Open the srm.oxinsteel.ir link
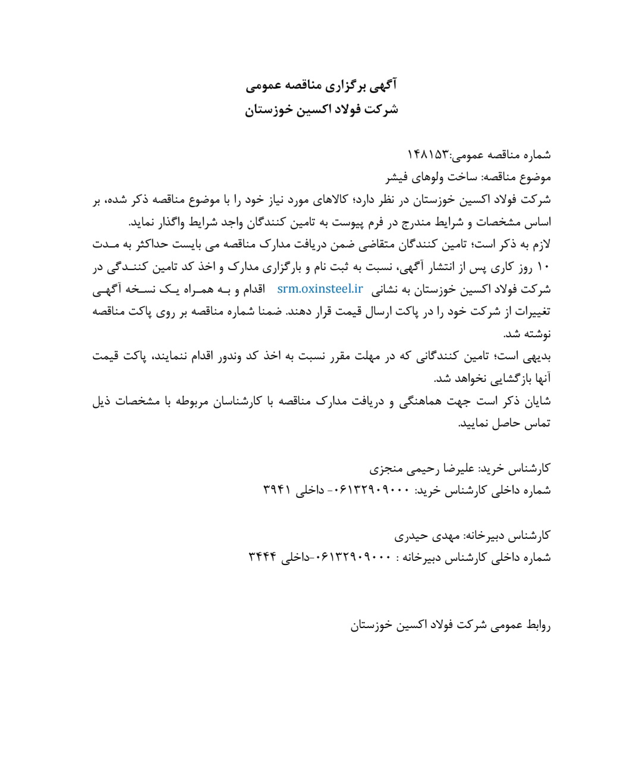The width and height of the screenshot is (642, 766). point(320,289)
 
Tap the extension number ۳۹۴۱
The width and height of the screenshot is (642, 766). point(276,490)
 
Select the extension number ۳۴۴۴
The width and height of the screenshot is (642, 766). point(262,557)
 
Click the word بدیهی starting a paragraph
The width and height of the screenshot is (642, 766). point(538,356)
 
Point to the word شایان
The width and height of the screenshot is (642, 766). point(539,401)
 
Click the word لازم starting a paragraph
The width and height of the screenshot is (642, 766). point(541,244)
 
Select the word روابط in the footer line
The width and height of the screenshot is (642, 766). point(537,625)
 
